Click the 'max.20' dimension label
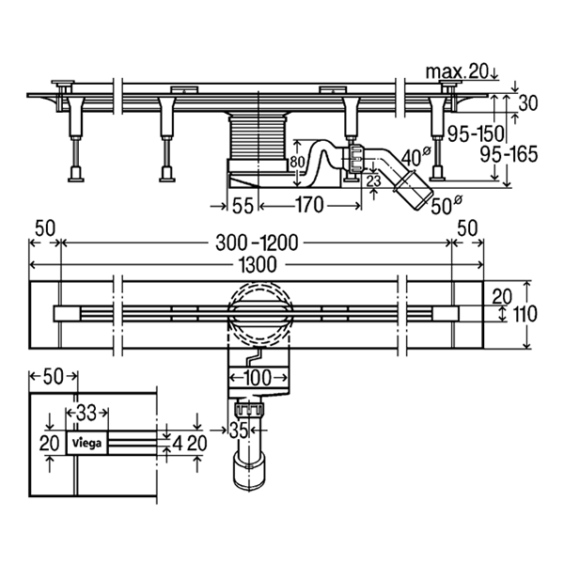pos(459,72)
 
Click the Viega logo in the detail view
pos(86,441)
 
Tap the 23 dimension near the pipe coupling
pos(372,180)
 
